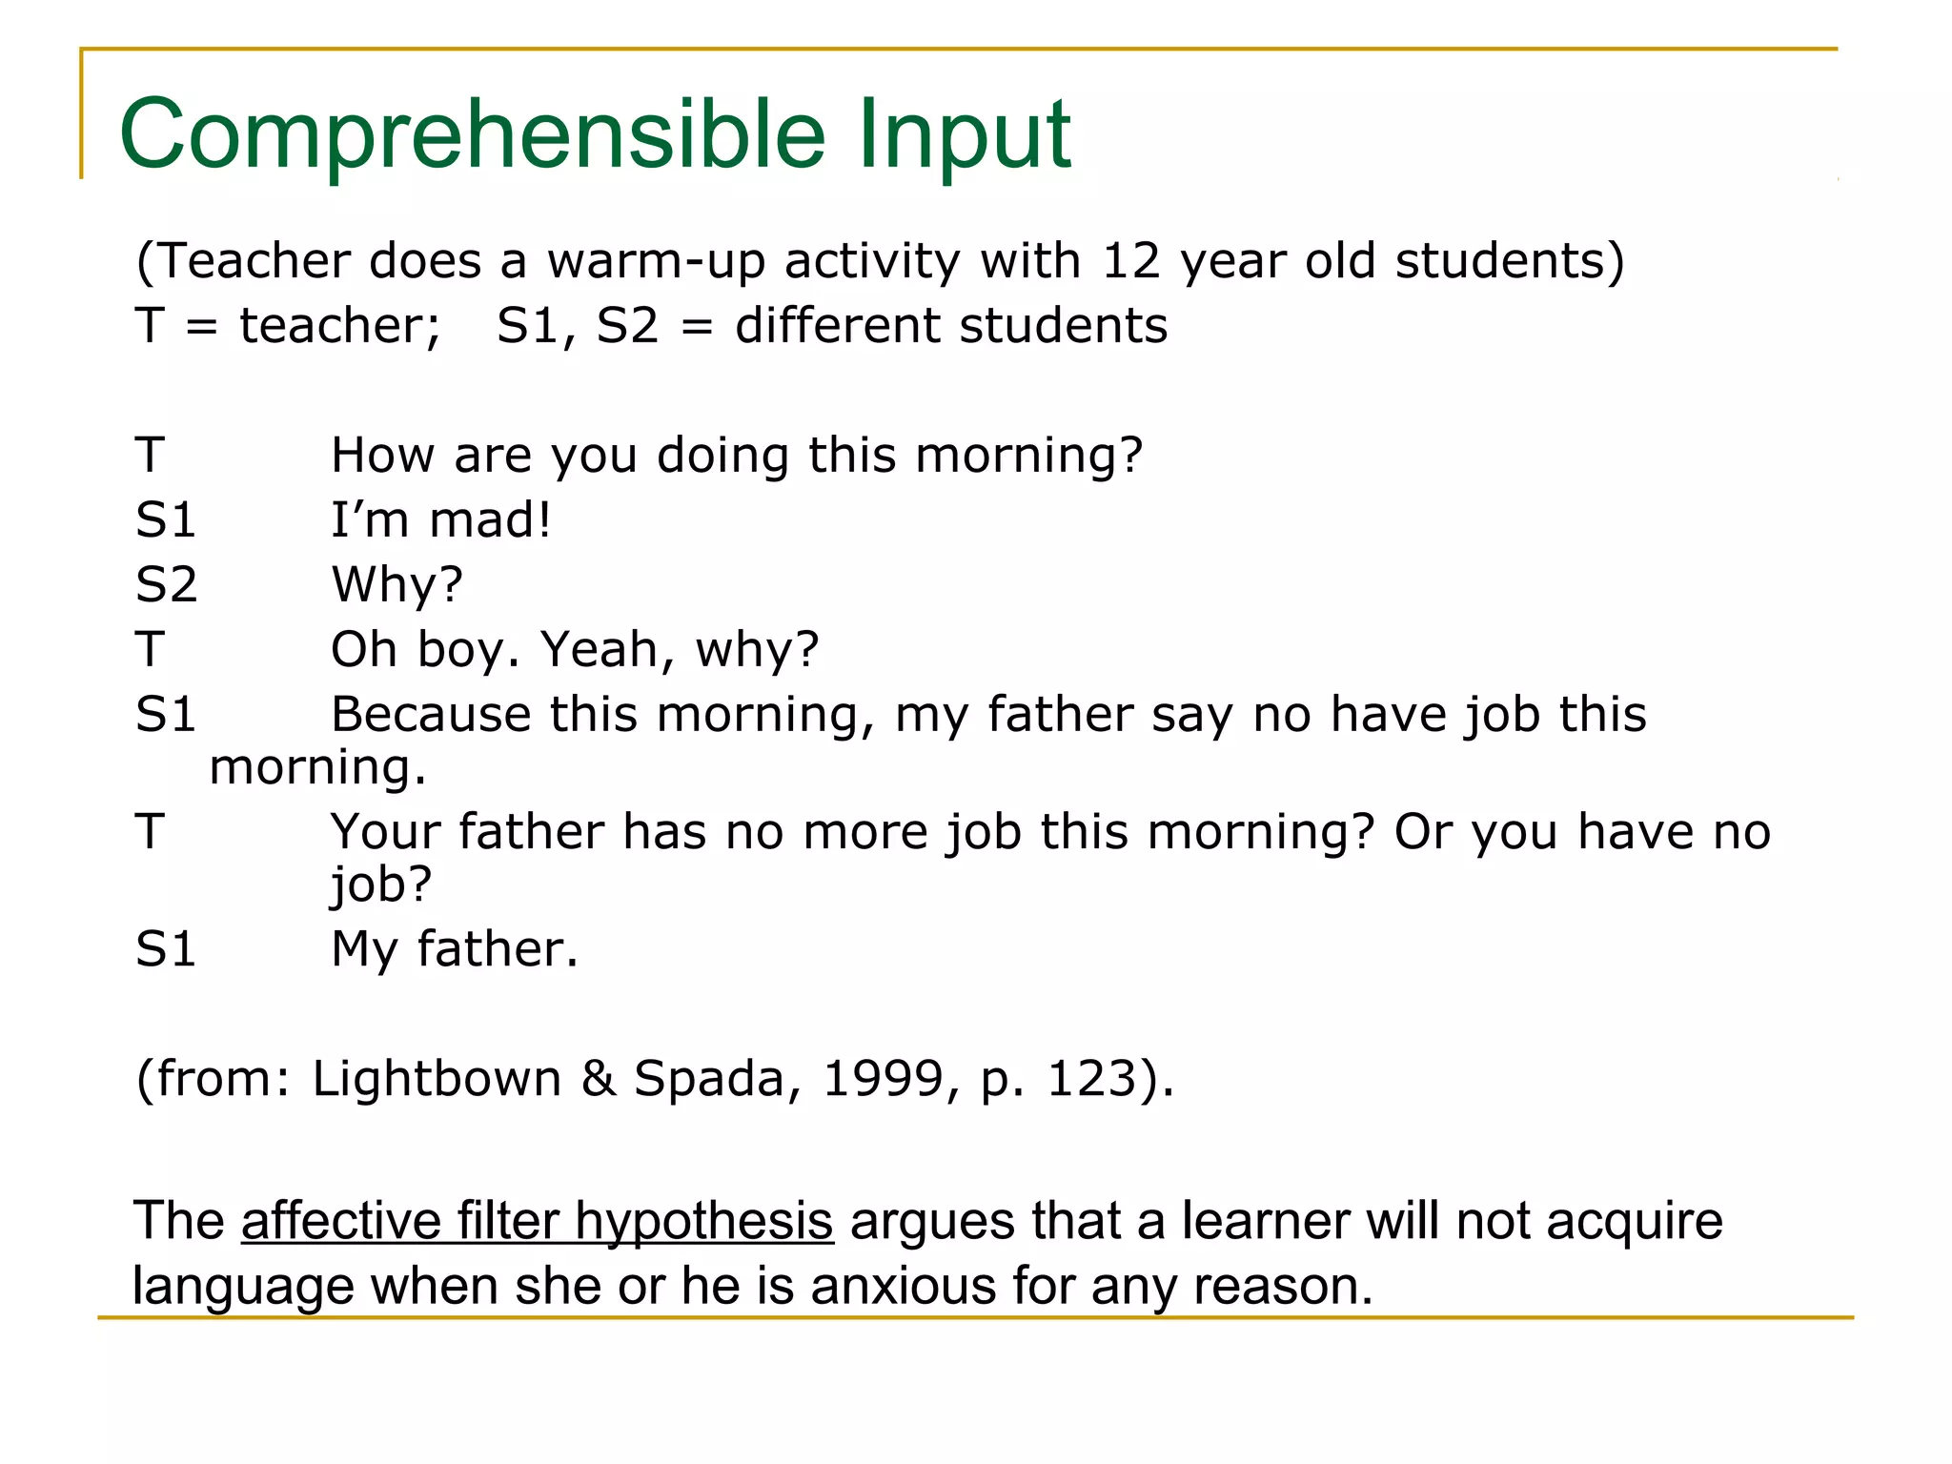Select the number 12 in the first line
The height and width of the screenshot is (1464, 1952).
pos(1130,260)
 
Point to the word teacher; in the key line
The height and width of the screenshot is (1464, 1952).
pos(340,325)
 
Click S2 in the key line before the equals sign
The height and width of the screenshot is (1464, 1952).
pos(627,325)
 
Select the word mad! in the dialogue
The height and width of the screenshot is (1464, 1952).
pos(490,519)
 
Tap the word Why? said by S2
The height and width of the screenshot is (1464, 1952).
pos(396,584)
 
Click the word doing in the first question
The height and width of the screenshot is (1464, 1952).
pos(722,455)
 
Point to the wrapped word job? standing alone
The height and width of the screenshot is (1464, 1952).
pos(380,884)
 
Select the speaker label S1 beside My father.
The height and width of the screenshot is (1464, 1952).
pos(166,948)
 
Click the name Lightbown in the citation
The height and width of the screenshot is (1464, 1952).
pos(437,1078)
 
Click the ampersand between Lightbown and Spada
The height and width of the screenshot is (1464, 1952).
pos(598,1078)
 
